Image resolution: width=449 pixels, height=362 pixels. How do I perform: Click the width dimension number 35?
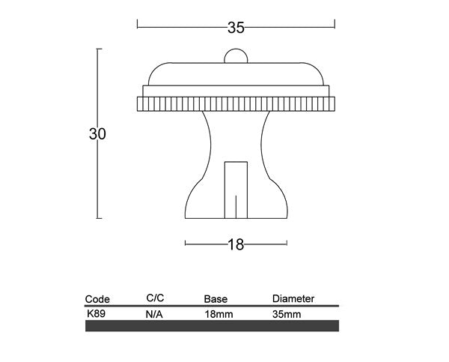tap(236, 28)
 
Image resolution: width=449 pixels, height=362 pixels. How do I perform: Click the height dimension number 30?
tap(97, 134)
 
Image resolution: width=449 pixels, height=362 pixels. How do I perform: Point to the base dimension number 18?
tap(236, 244)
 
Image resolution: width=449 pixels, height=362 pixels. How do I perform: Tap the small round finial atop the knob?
tap(236, 56)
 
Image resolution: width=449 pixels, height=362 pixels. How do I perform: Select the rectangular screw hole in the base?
tap(236, 187)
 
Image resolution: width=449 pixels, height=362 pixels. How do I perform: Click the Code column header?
tap(97, 298)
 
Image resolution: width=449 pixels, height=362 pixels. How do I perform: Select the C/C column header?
tap(156, 298)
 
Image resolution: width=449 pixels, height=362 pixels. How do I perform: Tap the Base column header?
tap(216, 299)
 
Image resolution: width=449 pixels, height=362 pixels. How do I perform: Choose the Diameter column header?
tap(293, 299)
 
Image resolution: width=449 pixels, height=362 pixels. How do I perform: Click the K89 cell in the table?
tap(96, 314)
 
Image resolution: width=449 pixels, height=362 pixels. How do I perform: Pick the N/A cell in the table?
tap(155, 315)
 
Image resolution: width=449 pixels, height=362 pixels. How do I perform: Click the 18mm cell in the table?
tap(219, 315)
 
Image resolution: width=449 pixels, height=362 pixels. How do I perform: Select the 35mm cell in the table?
tap(287, 315)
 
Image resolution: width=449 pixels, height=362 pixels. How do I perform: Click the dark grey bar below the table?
tap(212, 326)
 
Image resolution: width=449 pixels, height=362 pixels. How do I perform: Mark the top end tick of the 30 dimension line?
tap(99, 49)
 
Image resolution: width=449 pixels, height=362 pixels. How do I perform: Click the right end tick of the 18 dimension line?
tap(287, 243)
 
